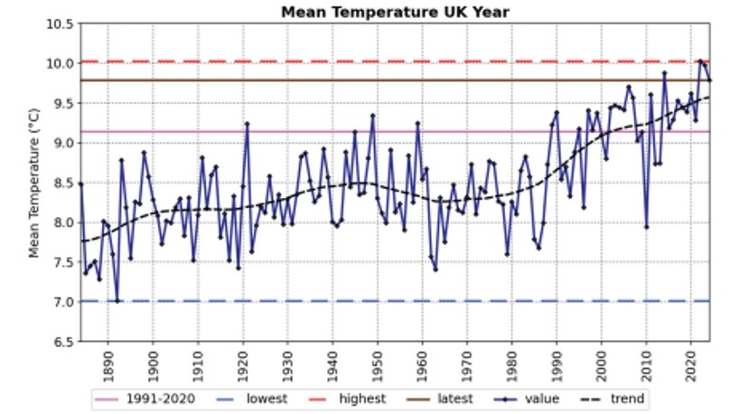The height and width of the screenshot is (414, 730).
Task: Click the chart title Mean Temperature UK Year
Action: click(394, 12)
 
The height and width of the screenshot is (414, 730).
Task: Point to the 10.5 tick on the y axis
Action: click(61, 24)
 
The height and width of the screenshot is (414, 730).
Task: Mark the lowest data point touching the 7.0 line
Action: click(117, 301)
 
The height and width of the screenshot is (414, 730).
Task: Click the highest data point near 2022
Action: click(700, 61)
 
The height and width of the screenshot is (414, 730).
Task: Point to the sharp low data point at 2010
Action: click(646, 226)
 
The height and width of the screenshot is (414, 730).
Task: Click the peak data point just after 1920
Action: click(247, 123)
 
